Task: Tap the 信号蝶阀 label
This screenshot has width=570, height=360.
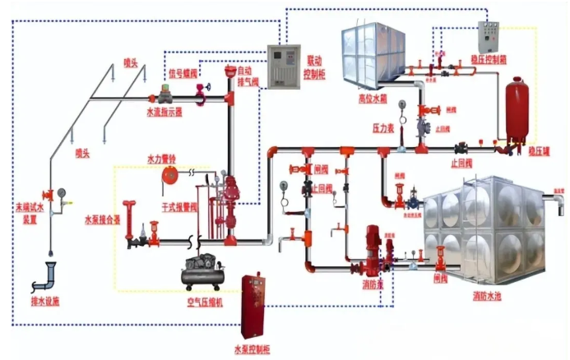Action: tap(184, 72)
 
